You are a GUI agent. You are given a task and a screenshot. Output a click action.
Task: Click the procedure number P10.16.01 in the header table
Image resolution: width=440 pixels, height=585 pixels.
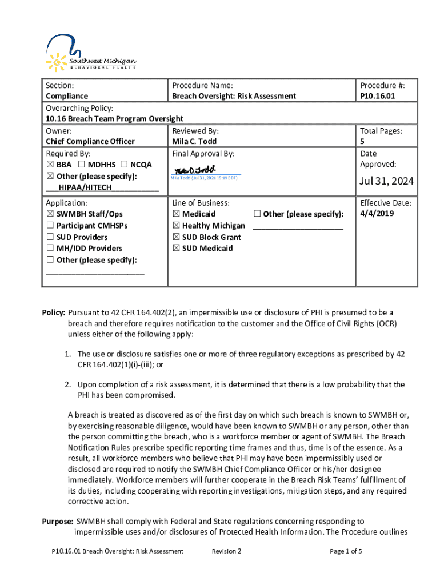pyautogui.click(x=378, y=96)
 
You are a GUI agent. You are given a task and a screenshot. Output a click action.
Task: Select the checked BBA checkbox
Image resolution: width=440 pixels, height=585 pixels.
pyautogui.click(x=49, y=165)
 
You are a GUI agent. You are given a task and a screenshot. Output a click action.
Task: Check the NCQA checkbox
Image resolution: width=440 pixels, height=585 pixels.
pyautogui.click(x=124, y=165)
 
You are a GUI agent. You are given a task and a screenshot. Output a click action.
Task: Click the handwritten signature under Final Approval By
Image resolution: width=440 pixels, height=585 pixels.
pyautogui.click(x=195, y=170)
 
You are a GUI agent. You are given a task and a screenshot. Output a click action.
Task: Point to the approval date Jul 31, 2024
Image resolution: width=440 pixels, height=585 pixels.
pyautogui.click(x=386, y=182)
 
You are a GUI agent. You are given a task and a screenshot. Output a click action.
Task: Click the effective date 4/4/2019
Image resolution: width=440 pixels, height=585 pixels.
pyautogui.click(x=378, y=214)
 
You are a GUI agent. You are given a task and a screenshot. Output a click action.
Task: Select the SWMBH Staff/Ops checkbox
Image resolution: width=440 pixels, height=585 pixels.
pyautogui.click(x=49, y=214)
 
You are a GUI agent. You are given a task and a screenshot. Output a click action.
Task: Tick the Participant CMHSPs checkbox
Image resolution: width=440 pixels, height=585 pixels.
pyautogui.click(x=49, y=225)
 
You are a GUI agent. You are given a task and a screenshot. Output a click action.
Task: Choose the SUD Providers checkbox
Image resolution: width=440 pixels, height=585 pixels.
pyautogui.click(x=49, y=237)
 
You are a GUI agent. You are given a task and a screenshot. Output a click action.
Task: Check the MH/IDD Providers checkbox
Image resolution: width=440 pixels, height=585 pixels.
pyautogui.click(x=49, y=248)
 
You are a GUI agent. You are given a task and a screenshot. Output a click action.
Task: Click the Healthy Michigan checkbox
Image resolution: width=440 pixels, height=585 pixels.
pyautogui.click(x=176, y=225)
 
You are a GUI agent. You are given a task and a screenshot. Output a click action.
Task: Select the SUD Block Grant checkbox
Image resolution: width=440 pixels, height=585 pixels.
pyautogui.click(x=176, y=237)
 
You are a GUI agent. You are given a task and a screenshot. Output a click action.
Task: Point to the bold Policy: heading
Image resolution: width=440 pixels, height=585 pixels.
pyautogui.click(x=54, y=312)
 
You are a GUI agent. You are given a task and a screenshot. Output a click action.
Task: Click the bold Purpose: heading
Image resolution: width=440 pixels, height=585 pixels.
pyautogui.click(x=58, y=521)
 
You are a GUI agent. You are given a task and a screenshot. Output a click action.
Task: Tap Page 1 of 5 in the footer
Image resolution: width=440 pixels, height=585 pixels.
pyautogui.click(x=346, y=551)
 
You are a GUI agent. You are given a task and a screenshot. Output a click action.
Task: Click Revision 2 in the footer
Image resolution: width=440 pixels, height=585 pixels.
pyautogui.click(x=226, y=551)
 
